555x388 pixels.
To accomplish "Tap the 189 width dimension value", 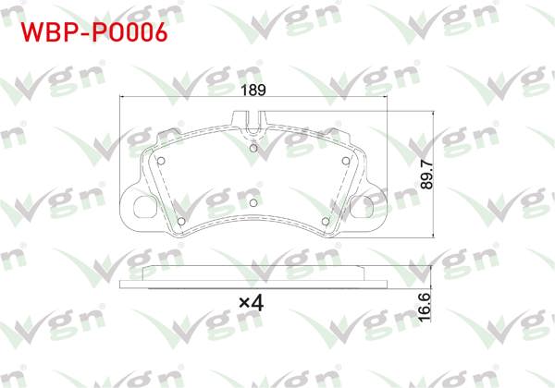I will tap(253, 91).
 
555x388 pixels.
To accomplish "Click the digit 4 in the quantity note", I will tap(261, 302).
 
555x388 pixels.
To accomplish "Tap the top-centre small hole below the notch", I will tap(253, 145).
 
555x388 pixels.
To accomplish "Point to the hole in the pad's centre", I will tap(253, 201).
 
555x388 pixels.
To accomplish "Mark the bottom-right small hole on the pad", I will tap(325, 220).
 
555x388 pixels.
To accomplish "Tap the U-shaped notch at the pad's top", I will tap(253, 117).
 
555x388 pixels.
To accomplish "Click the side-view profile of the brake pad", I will tap(253, 275).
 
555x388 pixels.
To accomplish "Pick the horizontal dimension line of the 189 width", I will tap(185, 97).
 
